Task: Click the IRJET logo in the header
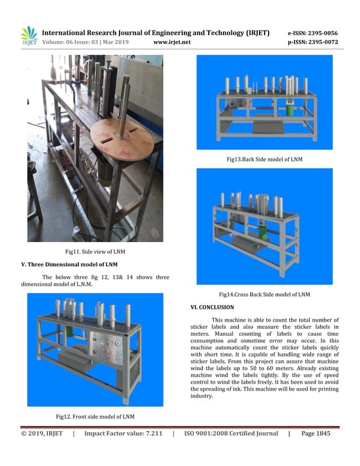tap(29, 36)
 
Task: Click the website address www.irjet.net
tap(172, 42)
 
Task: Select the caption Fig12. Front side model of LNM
tap(95, 416)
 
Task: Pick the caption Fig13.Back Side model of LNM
tap(264, 159)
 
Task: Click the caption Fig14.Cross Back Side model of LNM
tap(264, 294)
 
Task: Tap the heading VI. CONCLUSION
tap(212, 307)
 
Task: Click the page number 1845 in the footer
tap(319, 433)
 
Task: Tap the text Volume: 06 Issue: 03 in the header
tap(77, 42)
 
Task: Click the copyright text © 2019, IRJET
tap(42, 433)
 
